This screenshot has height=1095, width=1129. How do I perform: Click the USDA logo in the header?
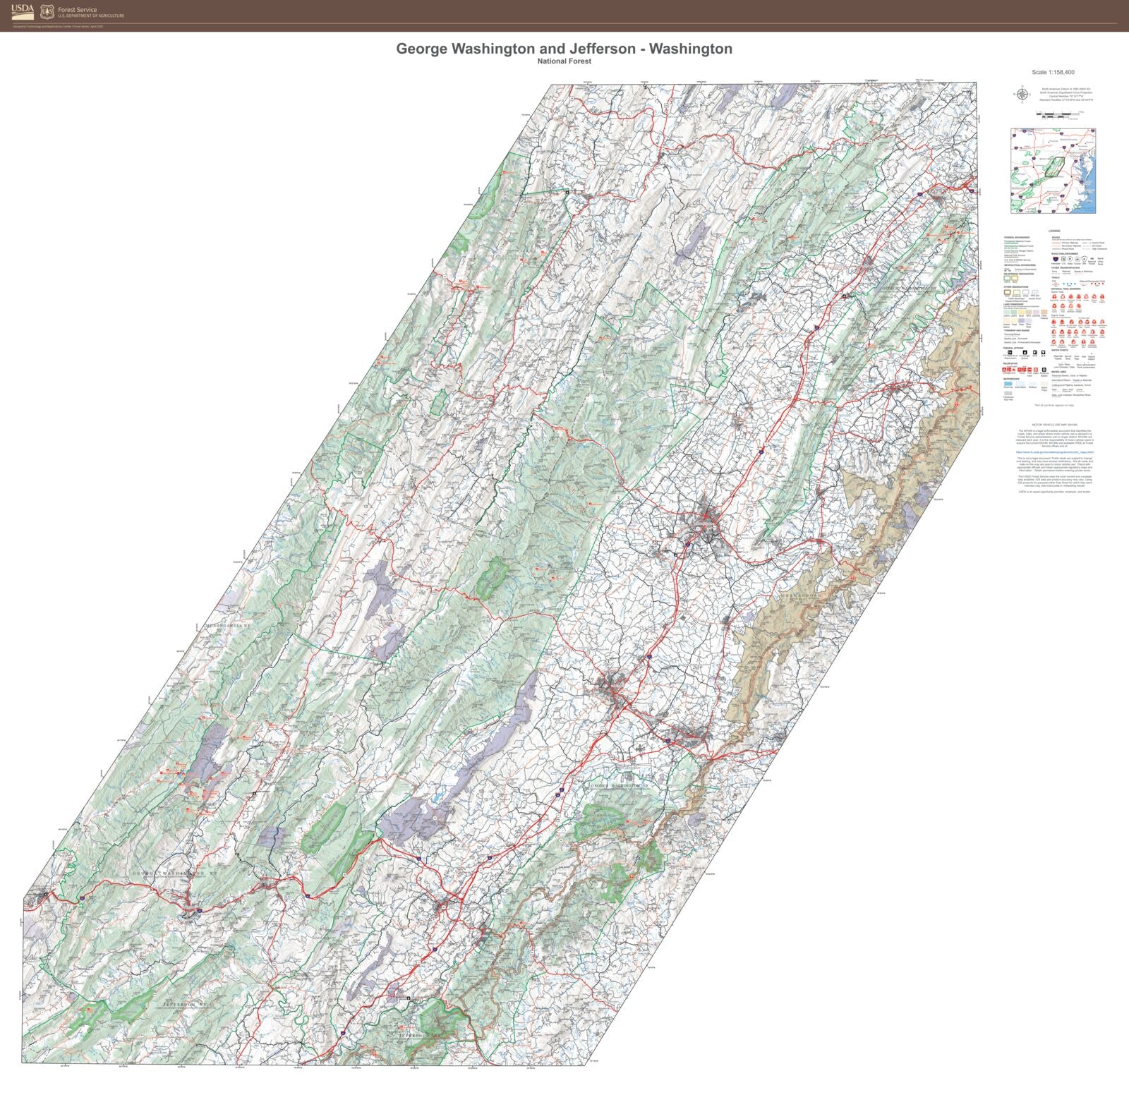[x=22, y=12]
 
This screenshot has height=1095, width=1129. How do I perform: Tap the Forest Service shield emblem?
[x=47, y=12]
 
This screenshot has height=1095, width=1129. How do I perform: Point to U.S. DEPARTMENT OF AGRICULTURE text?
[x=90, y=16]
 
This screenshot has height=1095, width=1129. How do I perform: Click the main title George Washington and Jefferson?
[x=564, y=49]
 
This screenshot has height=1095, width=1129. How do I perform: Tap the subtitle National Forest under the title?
[x=564, y=61]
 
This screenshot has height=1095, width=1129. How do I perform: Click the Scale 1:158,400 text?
[x=1053, y=72]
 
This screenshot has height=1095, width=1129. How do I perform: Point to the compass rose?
[x=1021, y=94]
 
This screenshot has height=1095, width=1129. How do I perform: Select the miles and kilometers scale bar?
[x=1056, y=114]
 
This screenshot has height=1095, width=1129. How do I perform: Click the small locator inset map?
[x=1053, y=170]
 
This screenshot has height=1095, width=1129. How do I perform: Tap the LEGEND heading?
[x=1054, y=231]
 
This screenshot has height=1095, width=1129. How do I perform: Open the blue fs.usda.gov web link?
[x=1054, y=452]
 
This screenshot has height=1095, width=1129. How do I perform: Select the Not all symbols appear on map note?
[x=1054, y=405]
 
